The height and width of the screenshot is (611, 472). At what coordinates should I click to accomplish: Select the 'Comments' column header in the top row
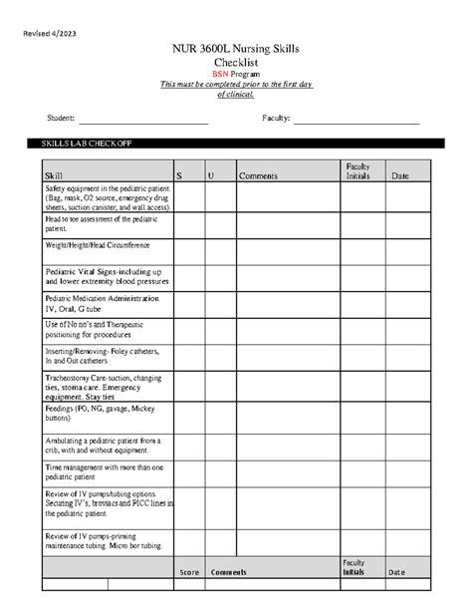258,175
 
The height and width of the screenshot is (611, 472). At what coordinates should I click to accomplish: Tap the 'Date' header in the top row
400,175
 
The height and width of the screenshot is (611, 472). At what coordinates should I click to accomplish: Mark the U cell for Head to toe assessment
219,224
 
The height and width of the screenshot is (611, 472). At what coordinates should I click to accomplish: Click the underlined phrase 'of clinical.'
235,95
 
